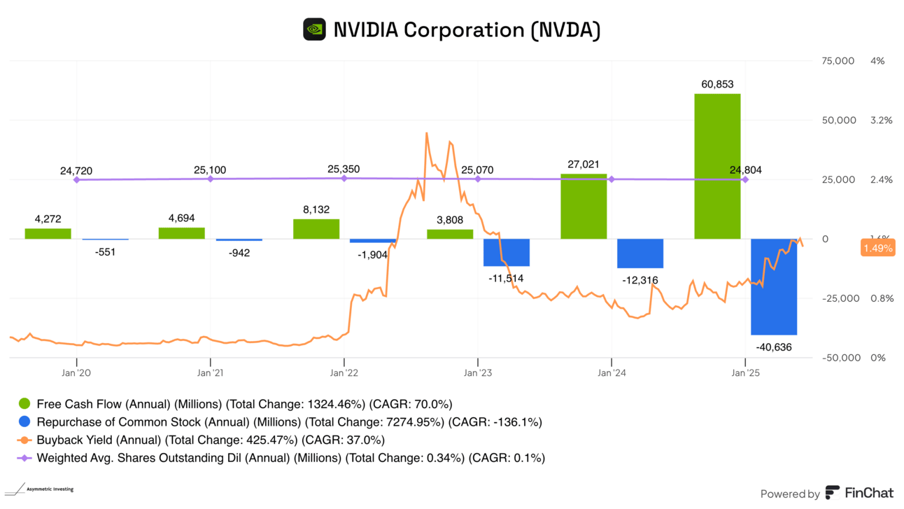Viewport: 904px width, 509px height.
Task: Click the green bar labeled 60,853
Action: pos(717,166)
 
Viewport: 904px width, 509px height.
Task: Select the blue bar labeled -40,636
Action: pos(773,287)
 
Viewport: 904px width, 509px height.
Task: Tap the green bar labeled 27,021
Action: pos(584,207)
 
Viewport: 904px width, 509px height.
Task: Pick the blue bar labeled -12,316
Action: pos(640,253)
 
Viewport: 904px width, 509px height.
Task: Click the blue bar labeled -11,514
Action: pos(507,252)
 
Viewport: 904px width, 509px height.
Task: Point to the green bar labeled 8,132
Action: pos(316,229)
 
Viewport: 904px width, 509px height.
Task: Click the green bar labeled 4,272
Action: pos(48,234)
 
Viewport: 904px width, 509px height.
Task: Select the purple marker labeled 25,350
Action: pos(344,179)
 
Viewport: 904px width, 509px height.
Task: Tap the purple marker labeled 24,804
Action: pos(745,180)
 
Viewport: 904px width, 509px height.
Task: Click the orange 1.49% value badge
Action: pos(877,248)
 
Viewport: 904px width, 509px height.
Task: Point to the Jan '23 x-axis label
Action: pos(477,372)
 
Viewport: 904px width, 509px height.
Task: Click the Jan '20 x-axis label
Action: pos(76,372)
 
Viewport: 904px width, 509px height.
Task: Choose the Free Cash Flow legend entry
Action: pos(235,404)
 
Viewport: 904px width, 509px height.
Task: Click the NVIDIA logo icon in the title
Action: pos(314,30)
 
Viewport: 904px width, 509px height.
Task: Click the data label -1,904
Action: pos(372,255)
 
